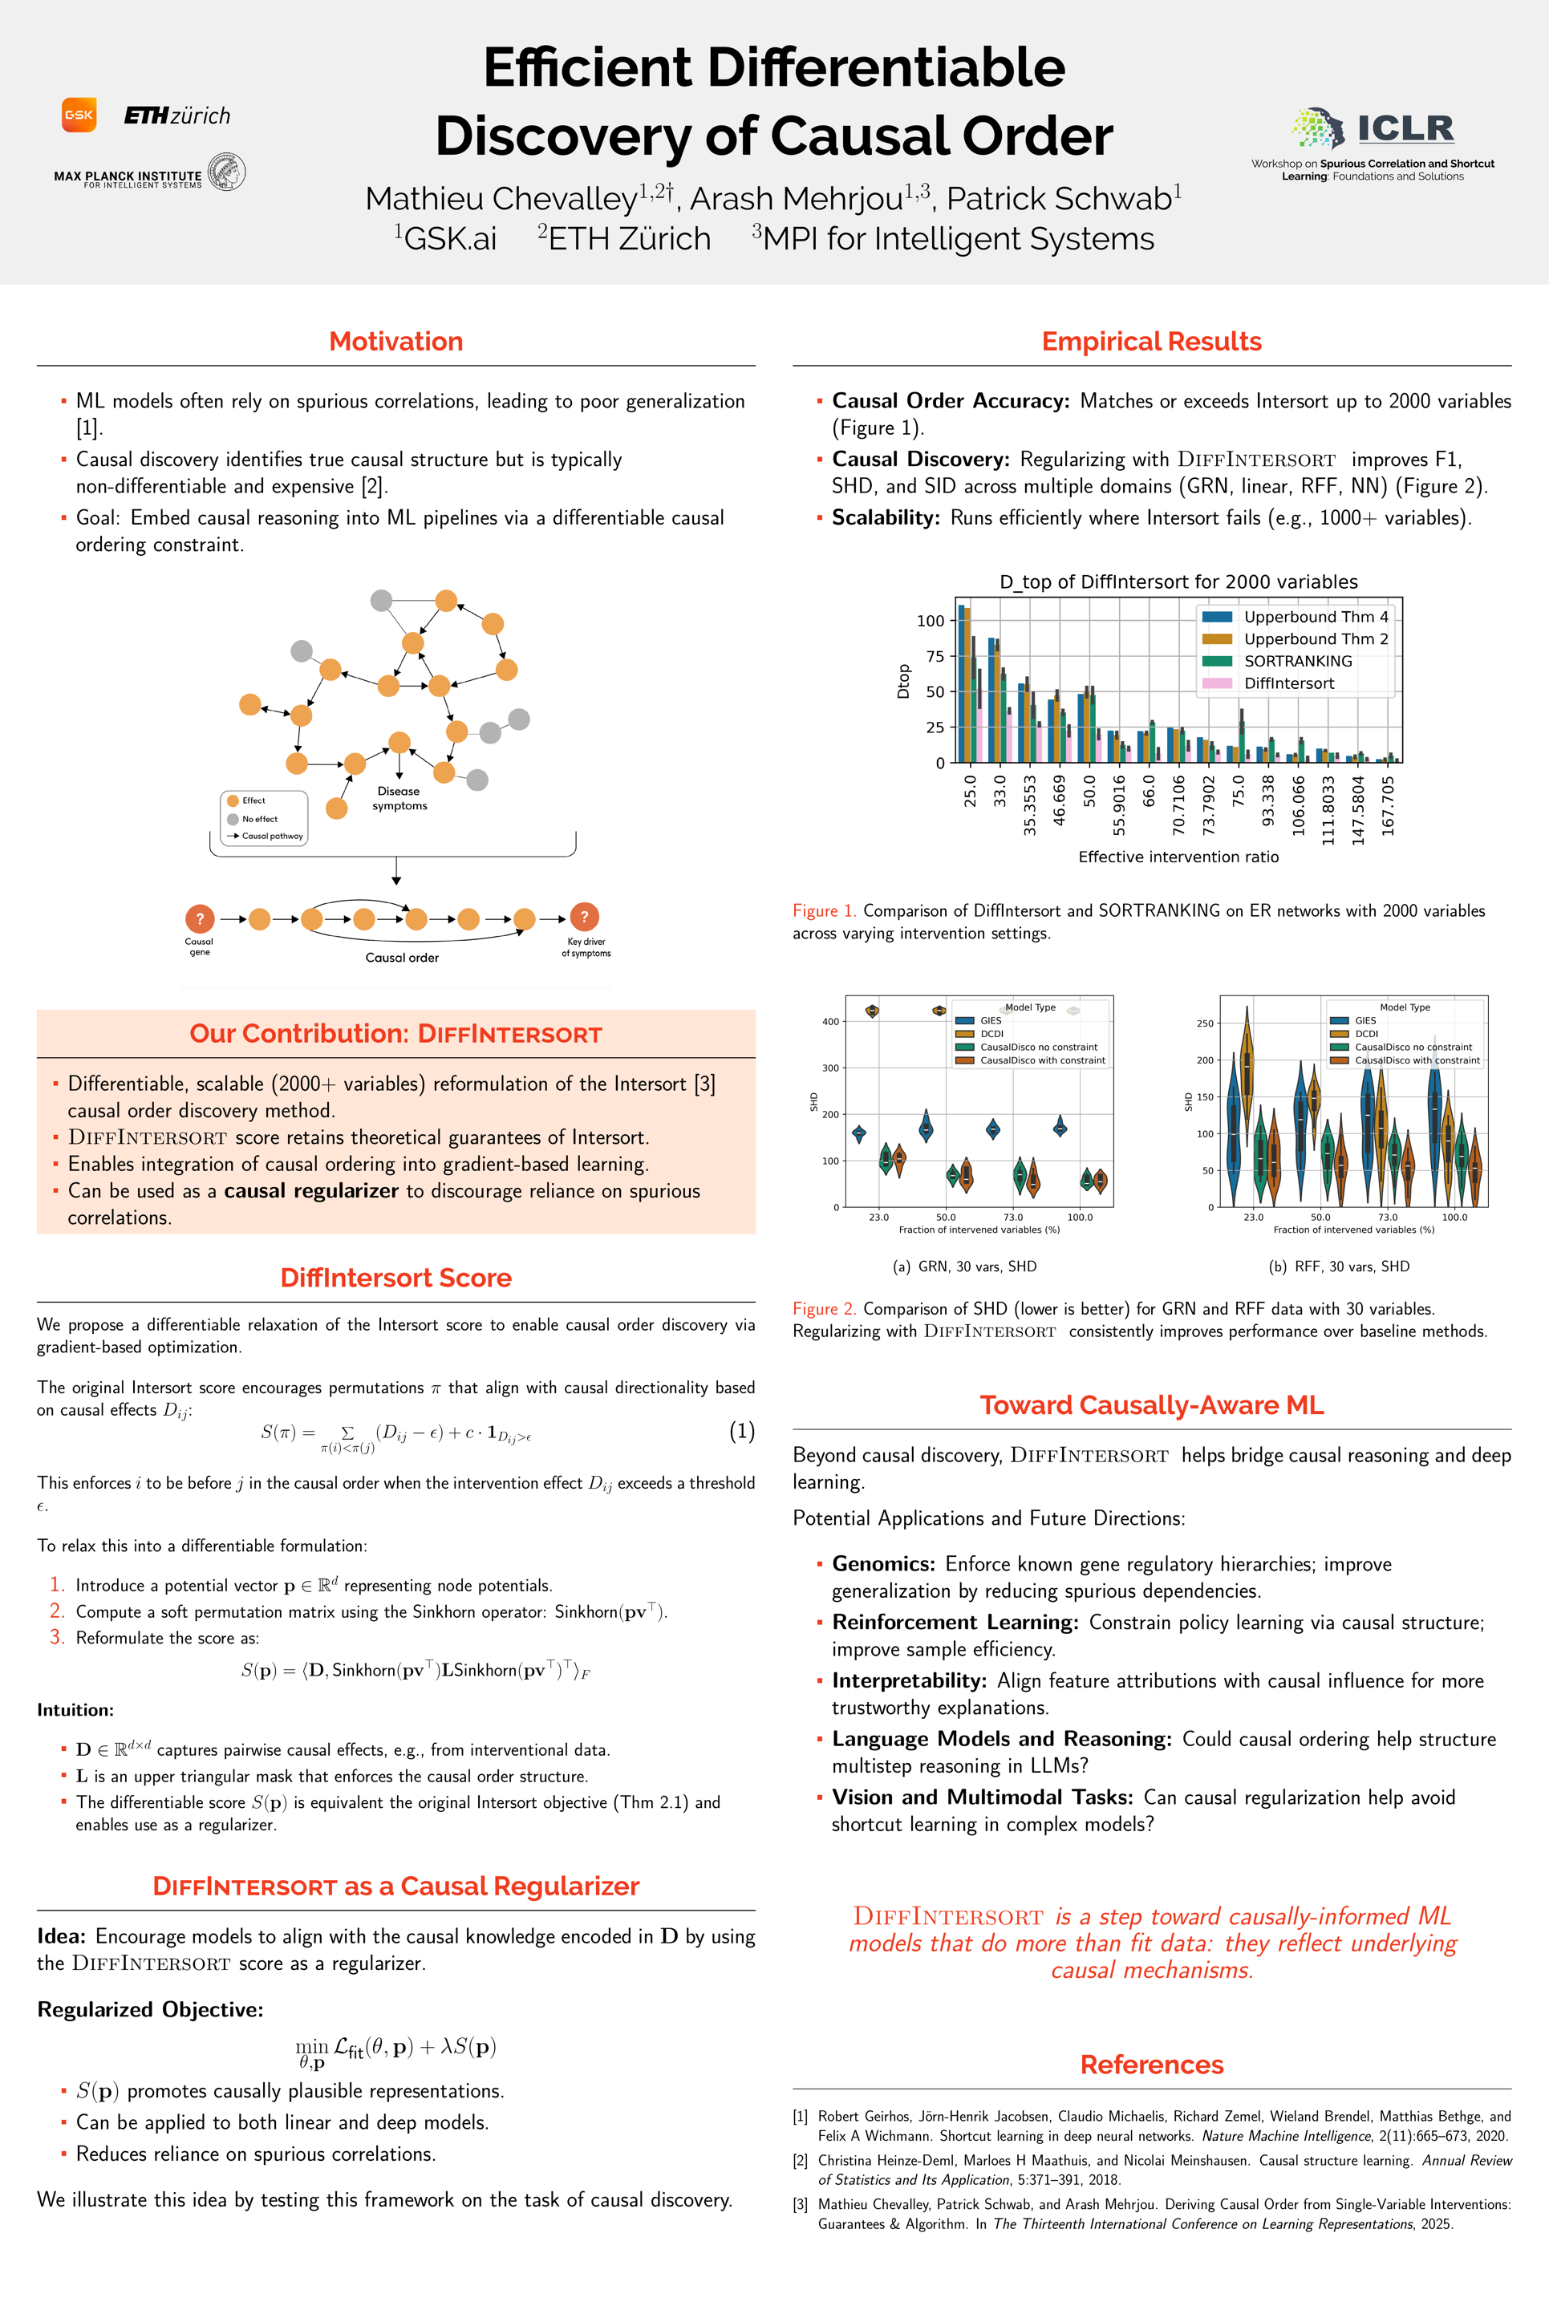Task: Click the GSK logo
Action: click(79, 115)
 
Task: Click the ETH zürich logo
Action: click(176, 115)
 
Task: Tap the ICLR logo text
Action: click(1405, 128)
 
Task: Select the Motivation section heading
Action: click(395, 342)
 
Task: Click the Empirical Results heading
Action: click(1151, 342)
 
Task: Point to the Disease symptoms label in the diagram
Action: click(399, 798)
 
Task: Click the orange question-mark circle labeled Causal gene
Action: click(200, 918)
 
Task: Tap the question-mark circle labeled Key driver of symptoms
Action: click(584, 917)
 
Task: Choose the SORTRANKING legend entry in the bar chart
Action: click(1297, 661)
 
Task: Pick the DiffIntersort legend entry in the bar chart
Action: click(1288, 683)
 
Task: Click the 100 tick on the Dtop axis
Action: click(931, 621)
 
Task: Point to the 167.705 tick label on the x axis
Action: click(1388, 806)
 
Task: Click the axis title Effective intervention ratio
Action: click(1178, 857)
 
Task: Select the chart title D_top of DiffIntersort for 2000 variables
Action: click(1178, 582)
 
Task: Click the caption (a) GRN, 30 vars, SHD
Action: click(964, 1266)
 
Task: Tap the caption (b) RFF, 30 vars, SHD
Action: click(1339, 1266)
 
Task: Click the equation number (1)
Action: click(742, 1430)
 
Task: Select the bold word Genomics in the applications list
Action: click(883, 1563)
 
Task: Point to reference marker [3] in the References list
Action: click(801, 2204)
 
